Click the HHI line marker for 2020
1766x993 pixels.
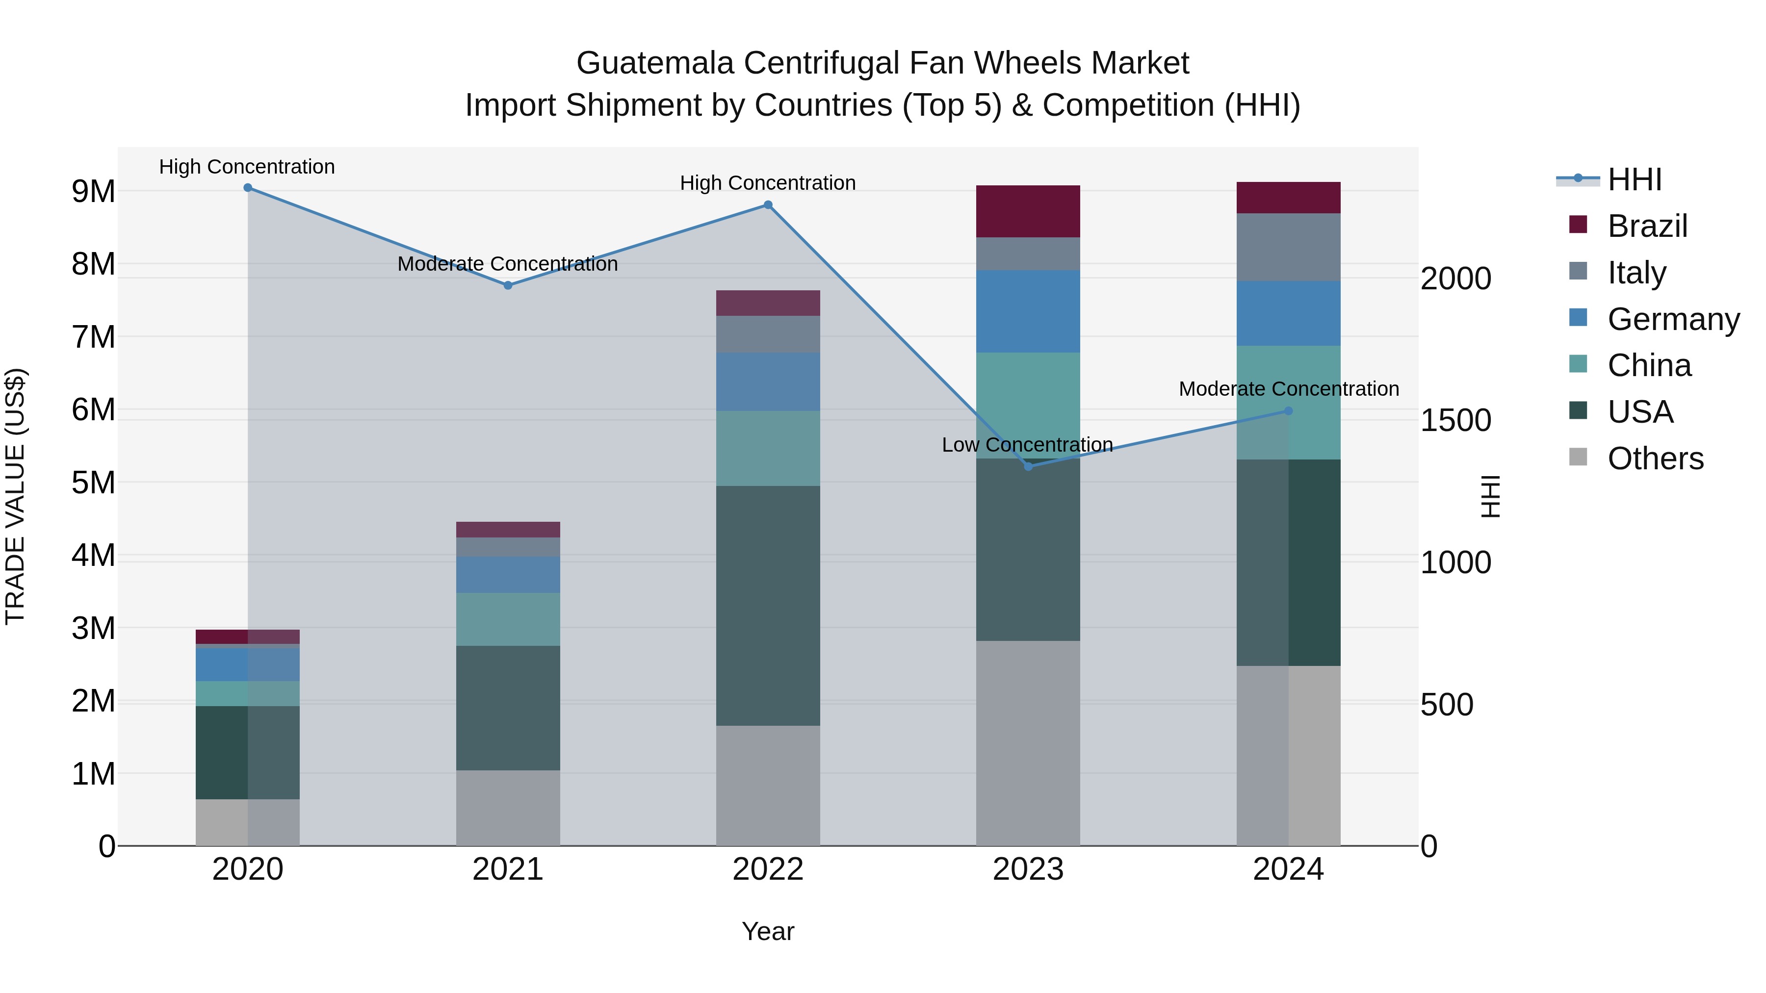248,188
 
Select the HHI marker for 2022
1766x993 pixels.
768,205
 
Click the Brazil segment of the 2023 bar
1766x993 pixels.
1028,211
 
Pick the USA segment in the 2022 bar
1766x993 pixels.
768,606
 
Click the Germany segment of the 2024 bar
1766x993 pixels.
1288,313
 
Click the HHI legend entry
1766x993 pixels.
1635,179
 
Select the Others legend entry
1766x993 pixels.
1655,458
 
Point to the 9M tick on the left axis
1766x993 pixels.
93,191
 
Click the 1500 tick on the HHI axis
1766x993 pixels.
1455,420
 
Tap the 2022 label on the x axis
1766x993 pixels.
768,869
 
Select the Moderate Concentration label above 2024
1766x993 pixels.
1288,388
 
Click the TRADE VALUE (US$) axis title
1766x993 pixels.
15,496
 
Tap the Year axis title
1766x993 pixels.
768,931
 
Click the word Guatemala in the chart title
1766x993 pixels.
655,63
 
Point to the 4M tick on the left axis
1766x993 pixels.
93,555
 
